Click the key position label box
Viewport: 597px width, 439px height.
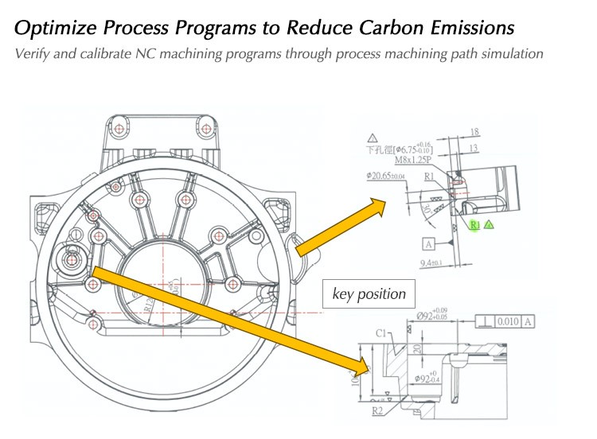(369, 294)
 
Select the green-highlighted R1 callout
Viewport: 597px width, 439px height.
(475, 225)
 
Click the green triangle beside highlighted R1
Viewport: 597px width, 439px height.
(489, 225)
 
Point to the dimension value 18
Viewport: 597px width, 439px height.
(474, 133)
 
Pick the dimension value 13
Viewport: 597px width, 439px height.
(474, 148)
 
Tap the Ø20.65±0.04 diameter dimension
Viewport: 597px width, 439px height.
(385, 175)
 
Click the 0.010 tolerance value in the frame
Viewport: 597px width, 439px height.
(509, 321)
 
